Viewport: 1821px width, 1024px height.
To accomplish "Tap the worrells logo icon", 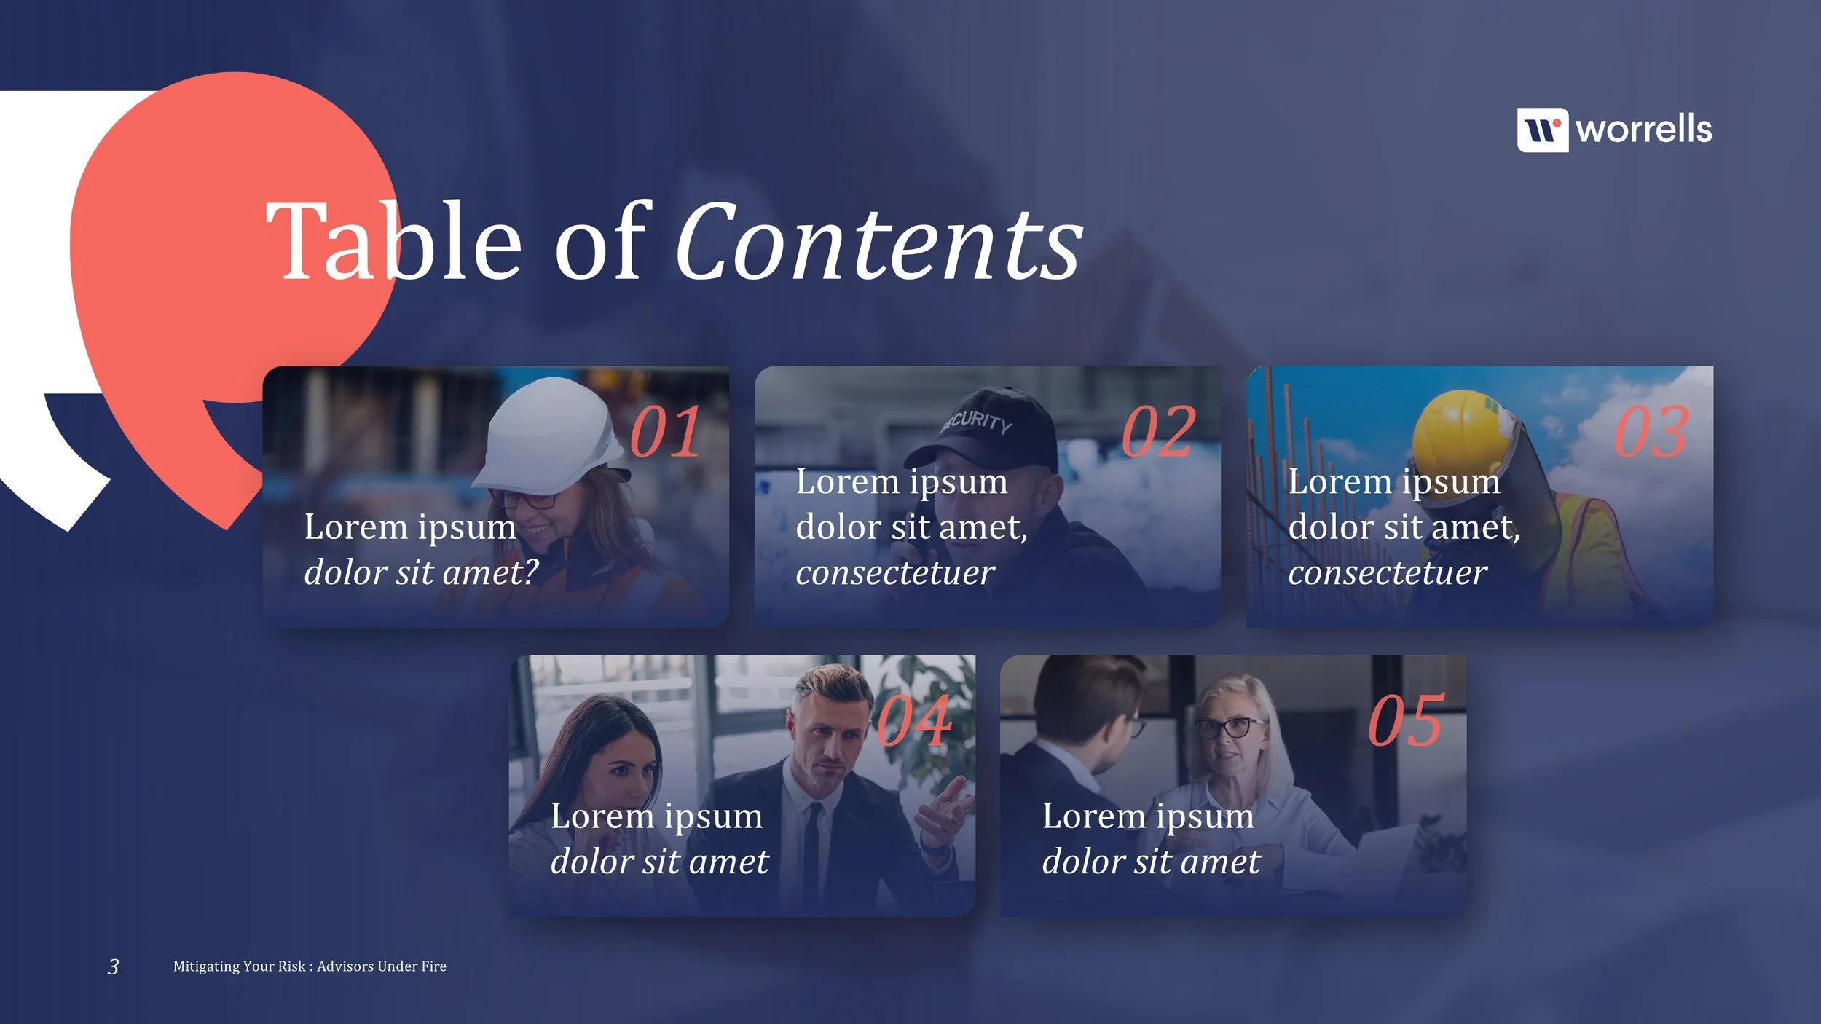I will tap(1542, 130).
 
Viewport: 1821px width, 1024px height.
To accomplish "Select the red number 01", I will tap(665, 433).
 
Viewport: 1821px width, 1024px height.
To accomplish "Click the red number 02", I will tap(1158, 433).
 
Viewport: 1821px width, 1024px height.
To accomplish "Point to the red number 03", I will tap(1651, 433).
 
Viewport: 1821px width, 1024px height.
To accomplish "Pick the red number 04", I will tap(913, 721).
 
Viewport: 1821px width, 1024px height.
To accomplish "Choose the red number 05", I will tap(1405, 721).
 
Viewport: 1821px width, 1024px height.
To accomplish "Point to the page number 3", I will tap(113, 966).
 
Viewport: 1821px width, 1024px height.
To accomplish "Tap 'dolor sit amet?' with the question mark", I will tap(421, 572).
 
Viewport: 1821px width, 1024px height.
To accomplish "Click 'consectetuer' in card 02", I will tap(895, 572).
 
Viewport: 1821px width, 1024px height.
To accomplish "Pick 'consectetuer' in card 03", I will tap(1388, 572).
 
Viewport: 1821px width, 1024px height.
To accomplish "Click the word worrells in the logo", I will tap(1643, 130).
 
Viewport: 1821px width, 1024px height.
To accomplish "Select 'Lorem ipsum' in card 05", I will tap(1148, 816).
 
